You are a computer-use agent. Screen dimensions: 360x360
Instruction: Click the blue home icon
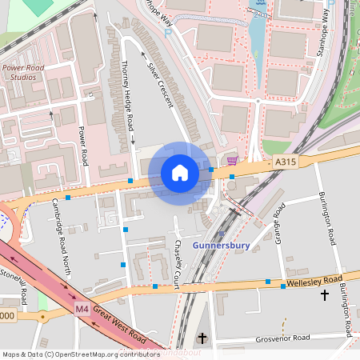pos(180,173)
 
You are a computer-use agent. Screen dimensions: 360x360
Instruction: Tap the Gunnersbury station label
pos(222,245)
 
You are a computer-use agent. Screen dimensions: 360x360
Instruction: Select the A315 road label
pos(286,162)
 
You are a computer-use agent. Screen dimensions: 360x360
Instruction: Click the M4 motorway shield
pos(82,308)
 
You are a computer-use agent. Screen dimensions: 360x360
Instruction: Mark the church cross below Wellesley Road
pos(324,295)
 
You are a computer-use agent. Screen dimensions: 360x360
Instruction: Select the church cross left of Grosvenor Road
pos(202,338)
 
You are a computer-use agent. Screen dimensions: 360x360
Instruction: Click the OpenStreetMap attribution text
pos(80,354)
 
